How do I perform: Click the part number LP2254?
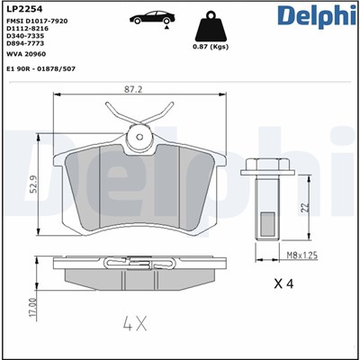click(x=22, y=9)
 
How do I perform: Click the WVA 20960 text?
click(x=26, y=54)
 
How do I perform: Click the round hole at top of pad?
click(x=139, y=138)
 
